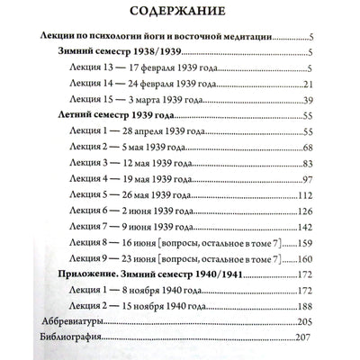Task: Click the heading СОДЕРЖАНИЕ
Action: (180, 14)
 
